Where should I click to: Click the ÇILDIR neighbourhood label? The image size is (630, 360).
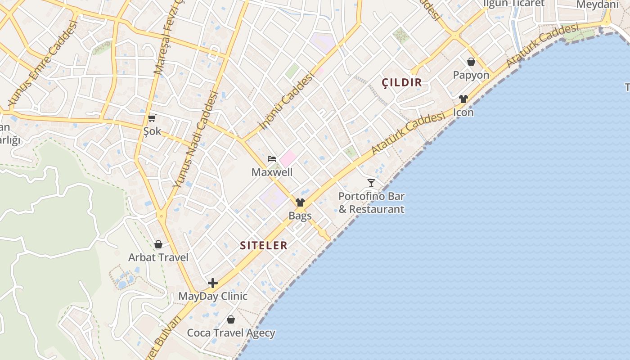(402, 82)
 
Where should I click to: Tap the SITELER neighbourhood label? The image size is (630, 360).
(264, 245)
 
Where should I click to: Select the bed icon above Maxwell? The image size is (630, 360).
(272, 158)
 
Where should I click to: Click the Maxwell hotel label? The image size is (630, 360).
(272, 172)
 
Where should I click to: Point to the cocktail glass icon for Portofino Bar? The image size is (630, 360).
(371, 183)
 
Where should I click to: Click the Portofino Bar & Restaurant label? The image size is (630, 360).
(371, 203)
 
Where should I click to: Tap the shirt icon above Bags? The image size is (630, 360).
(300, 202)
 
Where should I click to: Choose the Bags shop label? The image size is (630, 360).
(300, 216)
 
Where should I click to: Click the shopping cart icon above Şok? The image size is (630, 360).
(152, 118)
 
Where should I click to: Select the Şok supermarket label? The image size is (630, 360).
(152, 131)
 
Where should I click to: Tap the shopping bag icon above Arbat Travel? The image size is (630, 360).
(158, 244)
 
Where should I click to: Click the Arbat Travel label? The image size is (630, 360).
(158, 258)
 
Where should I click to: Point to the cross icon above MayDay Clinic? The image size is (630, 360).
(213, 283)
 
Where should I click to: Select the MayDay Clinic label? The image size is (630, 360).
(213, 296)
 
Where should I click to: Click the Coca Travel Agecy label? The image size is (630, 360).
(231, 333)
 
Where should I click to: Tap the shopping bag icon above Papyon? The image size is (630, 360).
(471, 62)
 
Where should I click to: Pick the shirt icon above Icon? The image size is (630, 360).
(463, 99)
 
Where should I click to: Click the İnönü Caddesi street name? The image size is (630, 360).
(286, 102)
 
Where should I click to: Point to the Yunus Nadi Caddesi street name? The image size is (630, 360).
(196, 139)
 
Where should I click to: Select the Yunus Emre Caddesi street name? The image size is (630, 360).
(43, 63)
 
